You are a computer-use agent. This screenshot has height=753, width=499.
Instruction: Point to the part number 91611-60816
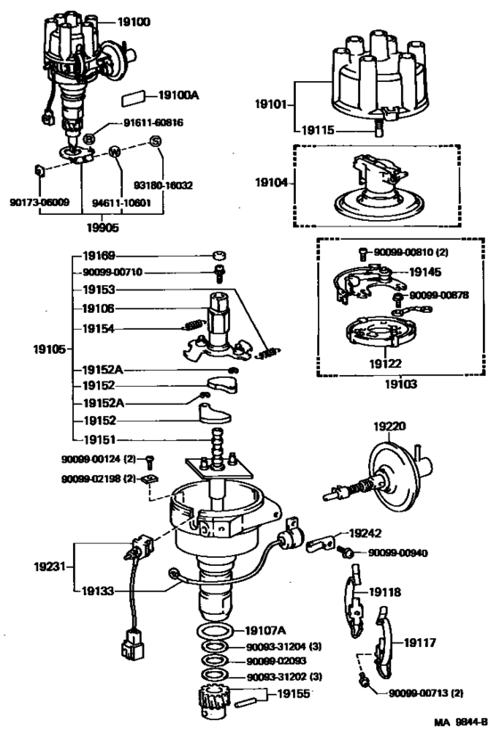point(152,123)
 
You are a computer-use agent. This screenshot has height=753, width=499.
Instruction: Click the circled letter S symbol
point(155,142)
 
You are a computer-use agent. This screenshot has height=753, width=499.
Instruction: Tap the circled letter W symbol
point(115,152)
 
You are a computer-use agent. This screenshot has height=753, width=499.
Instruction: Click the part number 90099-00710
point(111,272)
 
